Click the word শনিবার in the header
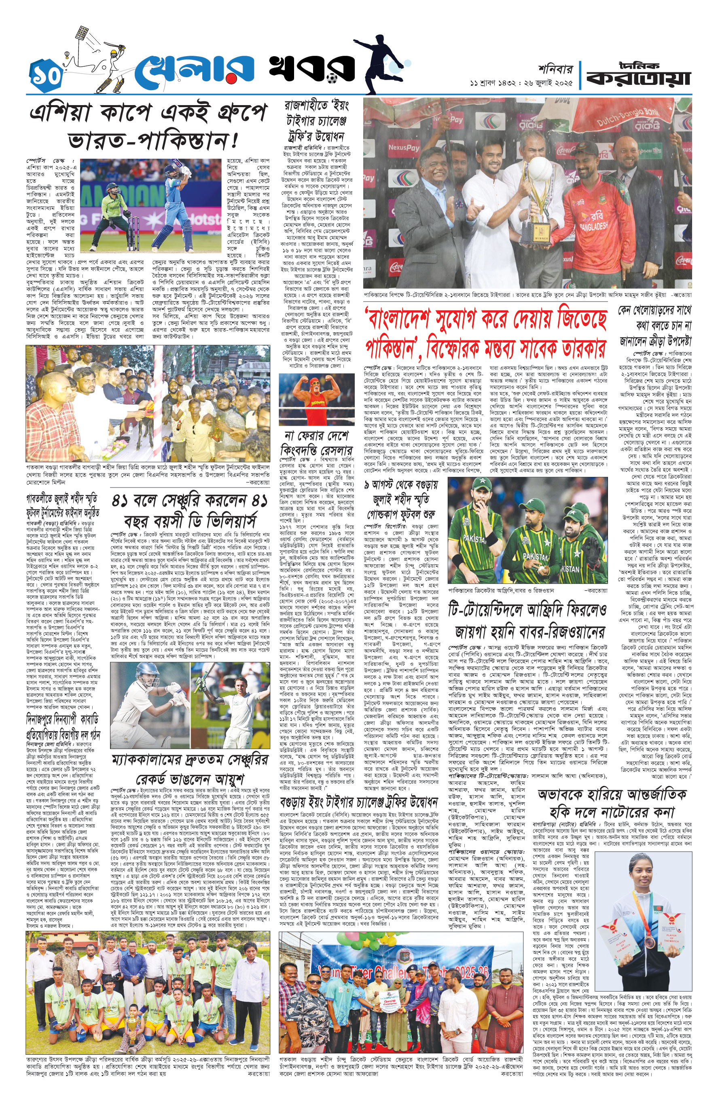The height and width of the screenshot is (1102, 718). tap(555, 69)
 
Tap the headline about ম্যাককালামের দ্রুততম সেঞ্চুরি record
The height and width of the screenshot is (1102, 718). tap(190, 767)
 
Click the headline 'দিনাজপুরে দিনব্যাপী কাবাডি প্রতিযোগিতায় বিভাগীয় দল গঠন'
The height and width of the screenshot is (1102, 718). tap(63, 726)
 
